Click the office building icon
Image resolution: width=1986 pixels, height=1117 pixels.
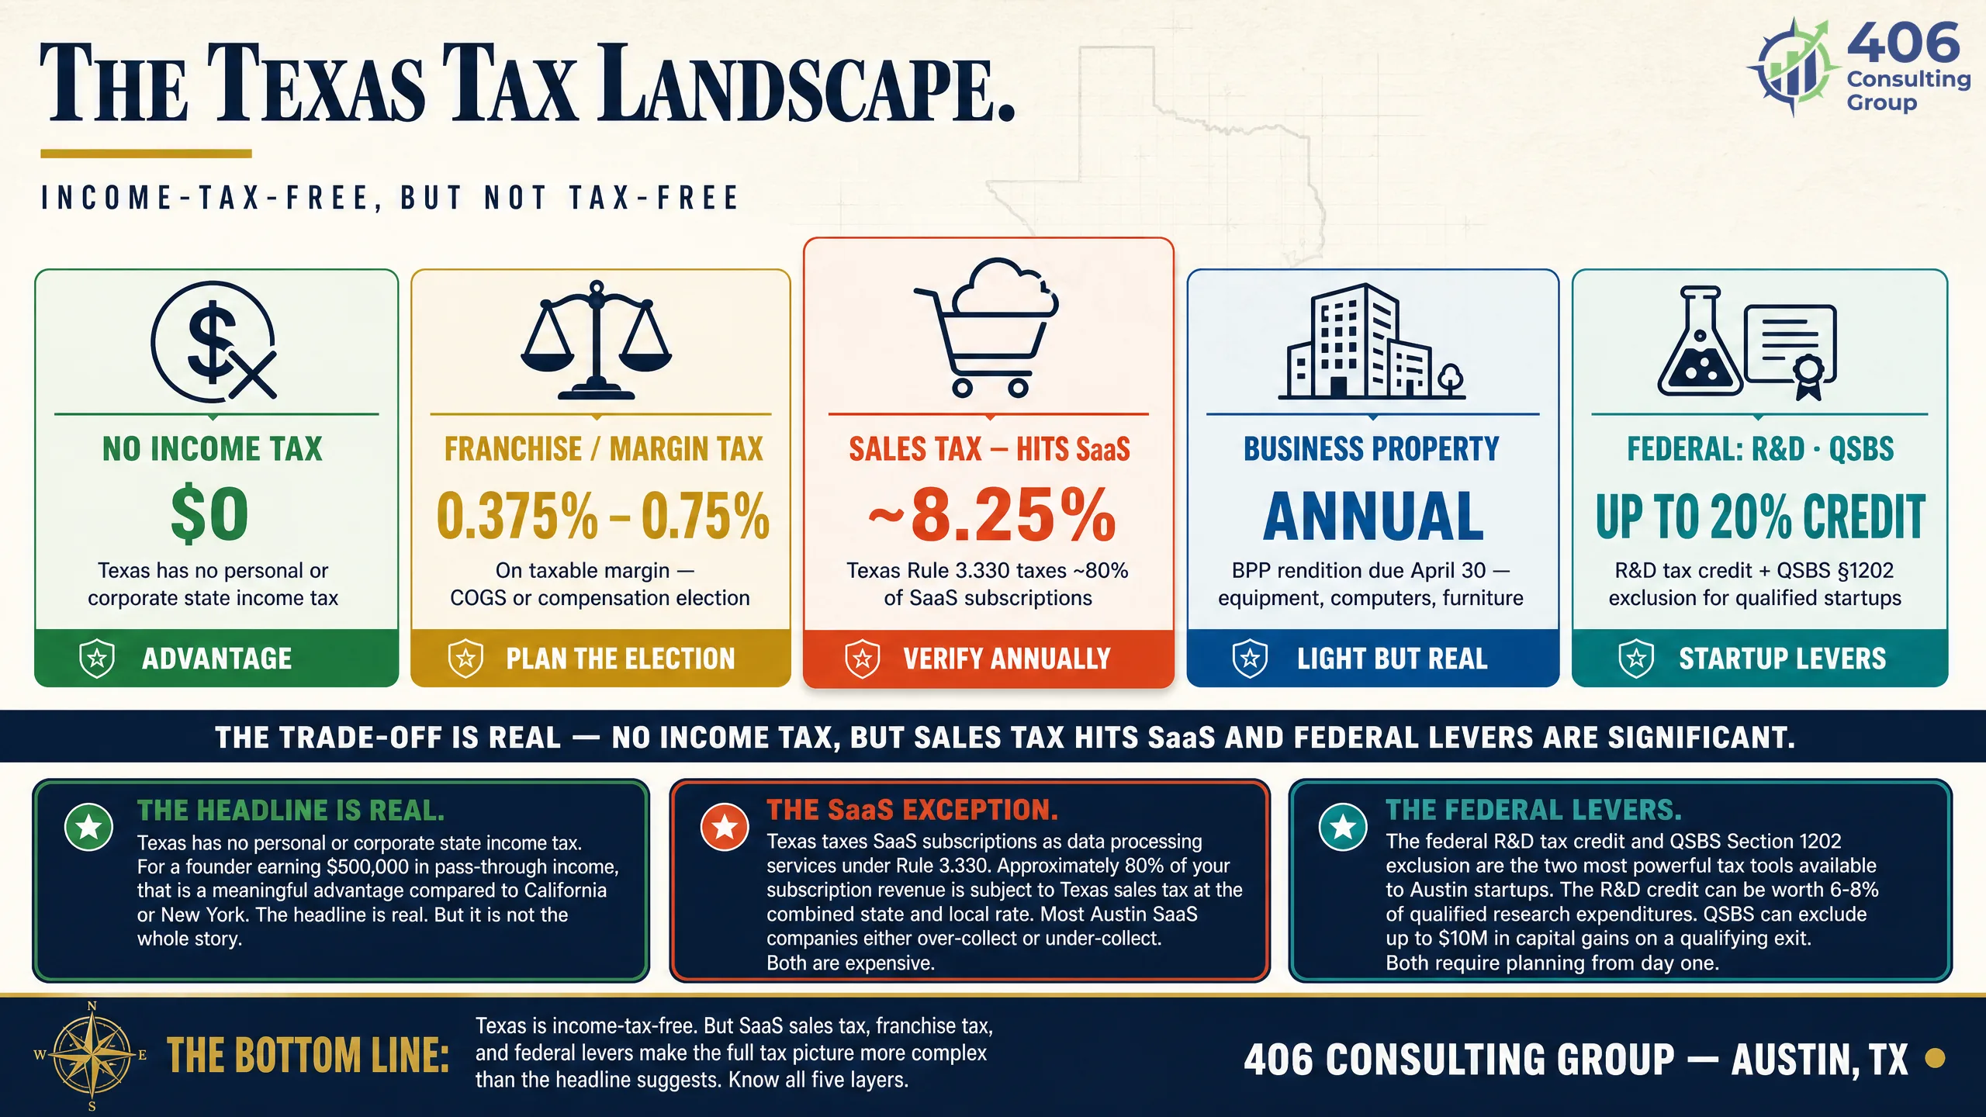point(1372,341)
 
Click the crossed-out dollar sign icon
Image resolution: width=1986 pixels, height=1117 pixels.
point(213,341)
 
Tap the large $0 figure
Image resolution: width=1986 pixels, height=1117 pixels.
point(209,514)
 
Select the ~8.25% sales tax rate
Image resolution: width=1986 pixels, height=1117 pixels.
point(991,515)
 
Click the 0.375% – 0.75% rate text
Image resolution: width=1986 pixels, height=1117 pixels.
point(603,516)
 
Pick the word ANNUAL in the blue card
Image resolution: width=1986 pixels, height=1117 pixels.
point(1373,517)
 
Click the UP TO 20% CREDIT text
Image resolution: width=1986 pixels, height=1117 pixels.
point(1760,517)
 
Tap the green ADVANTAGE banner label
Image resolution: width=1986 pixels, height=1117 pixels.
point(216,659)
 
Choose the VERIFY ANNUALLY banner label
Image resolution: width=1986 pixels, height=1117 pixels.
point(1006,659)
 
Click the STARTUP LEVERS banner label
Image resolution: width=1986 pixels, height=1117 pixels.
point(1782,659)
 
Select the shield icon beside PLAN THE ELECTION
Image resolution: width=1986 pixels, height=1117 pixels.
point(465,659)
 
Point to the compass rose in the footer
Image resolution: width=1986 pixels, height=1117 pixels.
point(92,1056)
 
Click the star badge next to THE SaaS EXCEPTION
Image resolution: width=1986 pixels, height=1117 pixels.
point(725,827)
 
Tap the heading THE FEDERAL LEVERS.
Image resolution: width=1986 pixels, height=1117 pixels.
point(1534,810)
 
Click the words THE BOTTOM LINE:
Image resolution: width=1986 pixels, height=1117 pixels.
point(308,1056)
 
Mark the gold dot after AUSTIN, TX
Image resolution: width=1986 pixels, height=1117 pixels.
point(1936,1058)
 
